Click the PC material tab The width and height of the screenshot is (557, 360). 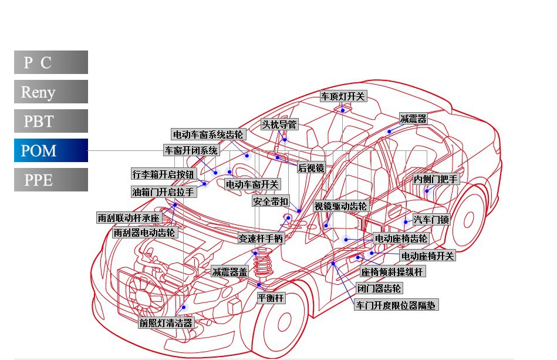tap(51, 62)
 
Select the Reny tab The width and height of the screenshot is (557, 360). tap(51, 92)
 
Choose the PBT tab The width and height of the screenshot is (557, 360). tap(51, 121)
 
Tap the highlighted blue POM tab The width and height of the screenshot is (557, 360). tap(51, 150)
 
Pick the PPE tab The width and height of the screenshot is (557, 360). tap(51, 180)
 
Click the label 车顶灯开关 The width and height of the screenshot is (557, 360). tap(343, 96)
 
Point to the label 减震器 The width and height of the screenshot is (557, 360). tap(413, 119)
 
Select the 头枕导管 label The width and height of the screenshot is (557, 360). tap(280, 125)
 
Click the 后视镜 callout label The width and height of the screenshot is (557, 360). tap(311, 167)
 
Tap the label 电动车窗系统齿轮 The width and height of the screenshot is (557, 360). tap(208, 134)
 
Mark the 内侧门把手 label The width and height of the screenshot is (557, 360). tap(436, 179)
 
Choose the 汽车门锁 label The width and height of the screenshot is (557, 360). tap(431, 220)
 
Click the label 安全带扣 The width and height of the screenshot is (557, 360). tap(271, 201)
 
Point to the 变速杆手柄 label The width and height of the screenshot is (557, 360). tap(261, 238)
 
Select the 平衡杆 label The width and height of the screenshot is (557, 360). tap(271, 298)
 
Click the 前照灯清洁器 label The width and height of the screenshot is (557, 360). tap(166, 323)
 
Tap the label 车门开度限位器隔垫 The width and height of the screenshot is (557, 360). tap(396, 305)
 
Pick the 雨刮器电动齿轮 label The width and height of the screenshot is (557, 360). tap(144, 233)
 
